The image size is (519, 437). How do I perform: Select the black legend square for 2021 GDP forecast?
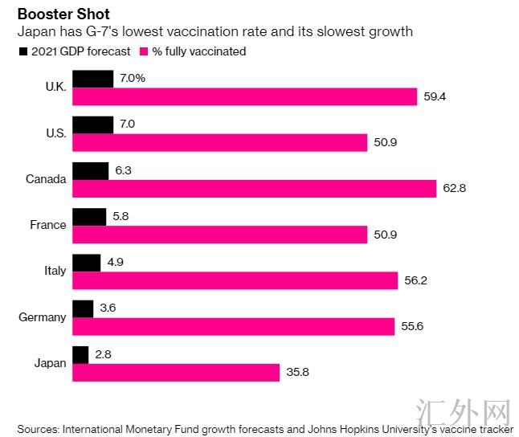pos(22,51)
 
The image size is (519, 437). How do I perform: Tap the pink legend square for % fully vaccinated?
pos(145,51)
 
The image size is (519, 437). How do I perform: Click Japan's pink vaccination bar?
pos(176,373)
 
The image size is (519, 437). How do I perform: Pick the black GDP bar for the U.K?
pos(92,79)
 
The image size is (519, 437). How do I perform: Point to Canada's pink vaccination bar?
pos(254,188)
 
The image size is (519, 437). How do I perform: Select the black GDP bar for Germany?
pos(83,308)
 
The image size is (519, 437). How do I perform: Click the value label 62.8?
pos(455,188)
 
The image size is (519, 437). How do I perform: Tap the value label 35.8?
pos(297,373)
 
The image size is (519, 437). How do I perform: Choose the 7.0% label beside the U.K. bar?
pos(131,79)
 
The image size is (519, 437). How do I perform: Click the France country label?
pos(47,225)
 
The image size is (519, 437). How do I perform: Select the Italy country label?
pos(55,271)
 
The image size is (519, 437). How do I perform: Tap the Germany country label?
pos(42,317)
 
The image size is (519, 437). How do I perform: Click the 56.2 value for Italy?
pos(416,280)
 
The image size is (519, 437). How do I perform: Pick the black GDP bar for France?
pos(89,216)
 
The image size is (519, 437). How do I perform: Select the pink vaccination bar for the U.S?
pos(219,142)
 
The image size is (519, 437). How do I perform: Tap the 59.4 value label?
pos(435,96)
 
